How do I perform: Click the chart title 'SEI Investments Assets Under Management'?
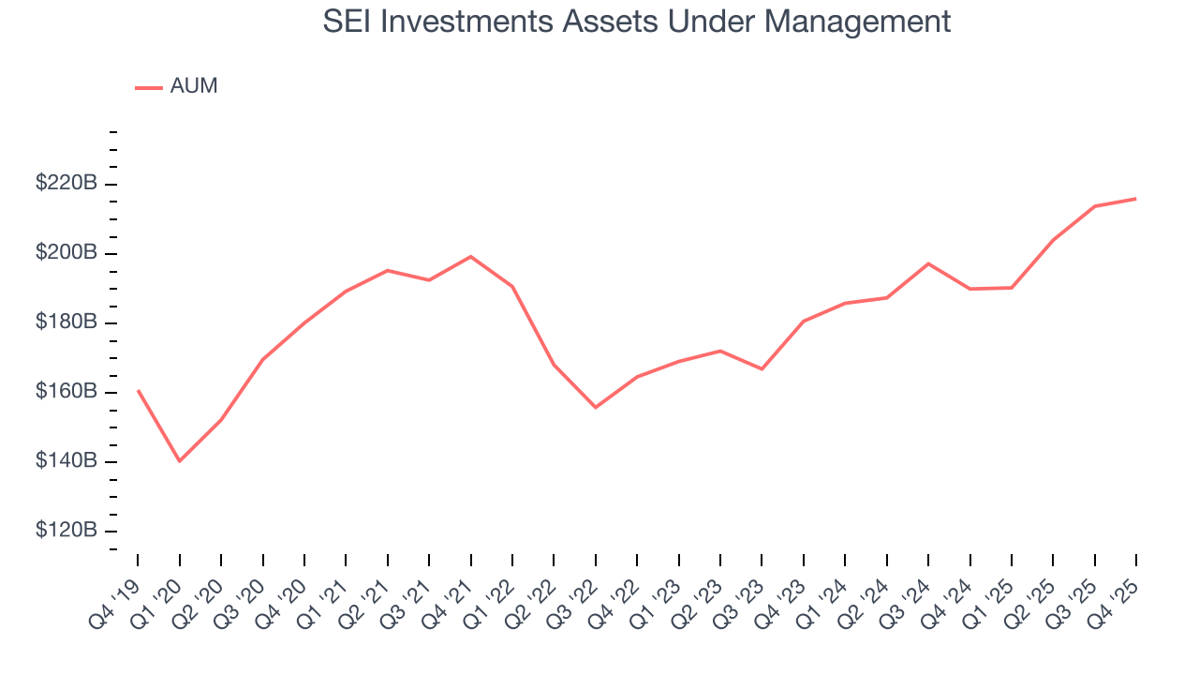point(637,22)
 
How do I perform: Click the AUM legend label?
point(194,86)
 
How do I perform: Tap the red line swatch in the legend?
point(149,87)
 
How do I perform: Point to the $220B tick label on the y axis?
point(67,184)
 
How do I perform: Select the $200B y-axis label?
point(67,253)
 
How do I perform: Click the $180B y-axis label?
point(67,322)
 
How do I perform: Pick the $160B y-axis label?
point(67,392)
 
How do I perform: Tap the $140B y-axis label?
point(67,461)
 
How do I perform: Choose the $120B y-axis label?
point(67,531)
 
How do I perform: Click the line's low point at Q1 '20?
point(179,461)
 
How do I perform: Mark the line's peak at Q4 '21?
point(470,256)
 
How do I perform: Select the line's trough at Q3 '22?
point(595,407)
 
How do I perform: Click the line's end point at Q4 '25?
point(1136,199)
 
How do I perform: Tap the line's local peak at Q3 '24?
point(928,263)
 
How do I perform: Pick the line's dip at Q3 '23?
point(762,368)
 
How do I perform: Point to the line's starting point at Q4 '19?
point(138,390)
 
